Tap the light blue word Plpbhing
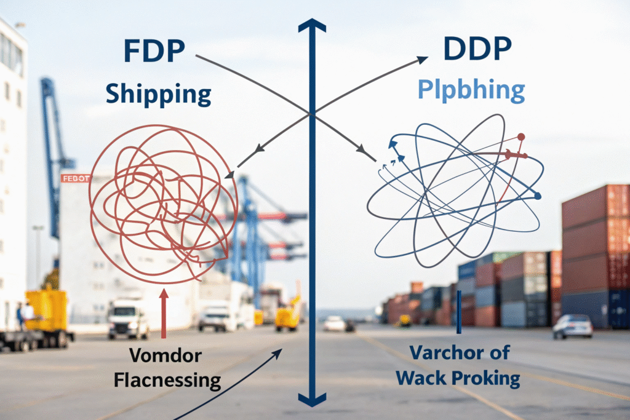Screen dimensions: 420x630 471,90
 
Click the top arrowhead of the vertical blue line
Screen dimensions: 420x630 312,26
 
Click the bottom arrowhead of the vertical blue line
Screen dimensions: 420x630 313,399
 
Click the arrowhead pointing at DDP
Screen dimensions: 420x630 422,60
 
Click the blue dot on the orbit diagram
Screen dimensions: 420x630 538,196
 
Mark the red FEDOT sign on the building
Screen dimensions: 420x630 76,178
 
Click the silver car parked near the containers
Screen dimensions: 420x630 572,326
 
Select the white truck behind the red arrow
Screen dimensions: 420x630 128,319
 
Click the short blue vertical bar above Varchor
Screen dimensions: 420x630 459,308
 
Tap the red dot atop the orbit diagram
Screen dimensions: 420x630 521,137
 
